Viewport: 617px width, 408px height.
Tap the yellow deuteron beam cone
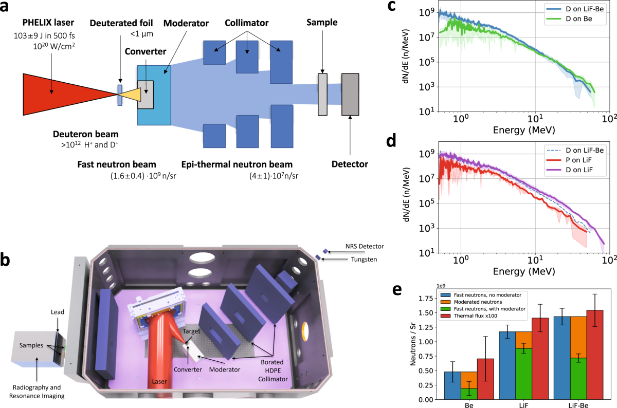(x=131, y=94)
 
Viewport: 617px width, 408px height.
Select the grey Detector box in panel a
(x=351, y=94)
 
